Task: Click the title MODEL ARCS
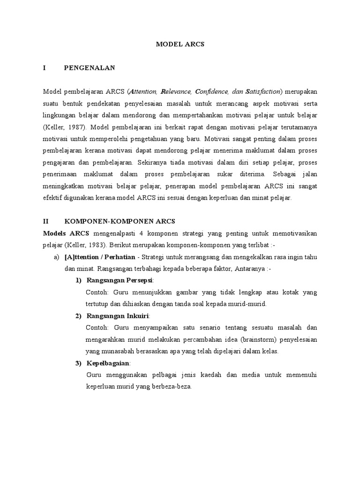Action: pos(180,44)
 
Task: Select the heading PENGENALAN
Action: pos(89,68)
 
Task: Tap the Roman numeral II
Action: pos(46,221)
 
